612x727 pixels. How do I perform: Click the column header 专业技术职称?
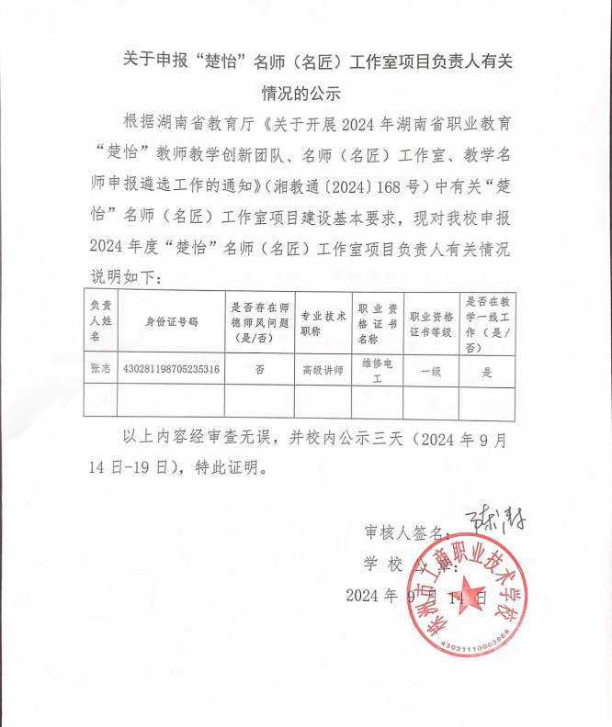[323, 322]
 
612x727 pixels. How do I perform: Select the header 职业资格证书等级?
[431, 322]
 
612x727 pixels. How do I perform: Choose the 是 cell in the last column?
[488, 372]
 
